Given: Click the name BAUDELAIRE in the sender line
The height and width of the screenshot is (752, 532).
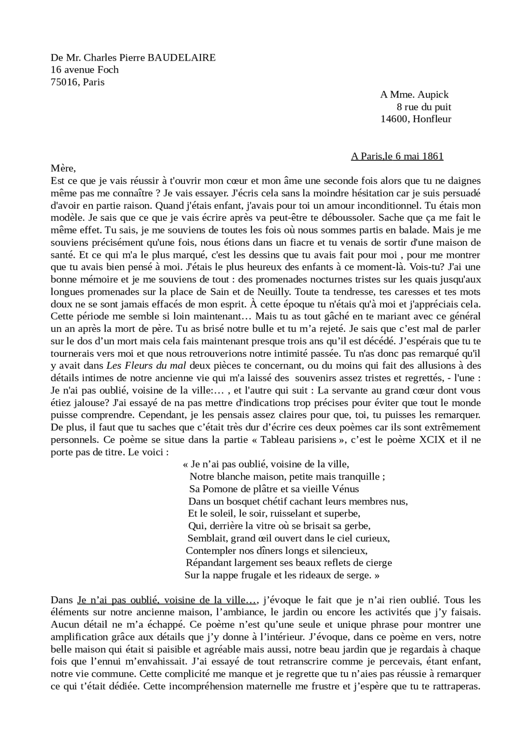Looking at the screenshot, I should (x=181, y=58).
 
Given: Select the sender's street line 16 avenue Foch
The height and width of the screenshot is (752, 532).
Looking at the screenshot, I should (x=84, y=70).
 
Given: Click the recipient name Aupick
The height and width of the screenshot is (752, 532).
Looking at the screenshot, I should (x=433, y=95).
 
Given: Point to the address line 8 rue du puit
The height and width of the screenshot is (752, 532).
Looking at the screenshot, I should (x=424, y=107).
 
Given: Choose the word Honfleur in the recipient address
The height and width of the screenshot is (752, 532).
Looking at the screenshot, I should (x=432, y=119).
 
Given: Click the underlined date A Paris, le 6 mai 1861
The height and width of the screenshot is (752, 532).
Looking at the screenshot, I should (x=397, y=157).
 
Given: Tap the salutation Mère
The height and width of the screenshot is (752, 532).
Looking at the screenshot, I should (x=63, y=169).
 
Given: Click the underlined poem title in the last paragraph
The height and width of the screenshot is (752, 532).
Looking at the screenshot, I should (x=167, y=600).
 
